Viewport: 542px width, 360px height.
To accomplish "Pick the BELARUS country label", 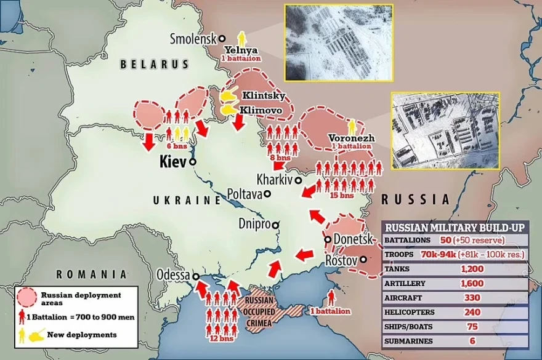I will [154, 64].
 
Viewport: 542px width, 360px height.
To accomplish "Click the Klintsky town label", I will [264, 96].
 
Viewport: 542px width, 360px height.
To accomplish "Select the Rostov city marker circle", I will [364, 260].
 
